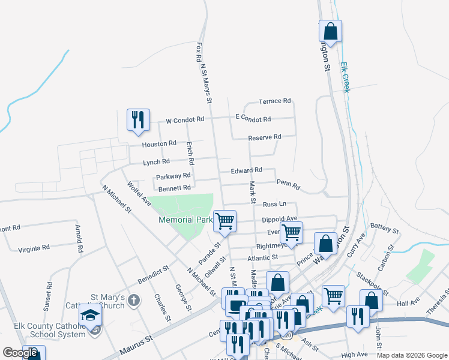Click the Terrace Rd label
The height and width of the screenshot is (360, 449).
274,101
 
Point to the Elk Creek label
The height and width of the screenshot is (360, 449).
345,77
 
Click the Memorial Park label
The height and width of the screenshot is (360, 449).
185,220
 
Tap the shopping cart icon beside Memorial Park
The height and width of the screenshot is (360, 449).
224,220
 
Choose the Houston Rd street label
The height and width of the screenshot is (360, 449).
159,144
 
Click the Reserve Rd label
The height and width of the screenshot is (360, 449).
265,137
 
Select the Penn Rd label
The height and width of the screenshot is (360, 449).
288,182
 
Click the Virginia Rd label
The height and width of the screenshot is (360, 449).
34,248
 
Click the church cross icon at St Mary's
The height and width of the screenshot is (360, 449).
134,299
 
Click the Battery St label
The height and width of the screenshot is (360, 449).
385,229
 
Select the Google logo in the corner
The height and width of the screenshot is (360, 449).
20,353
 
